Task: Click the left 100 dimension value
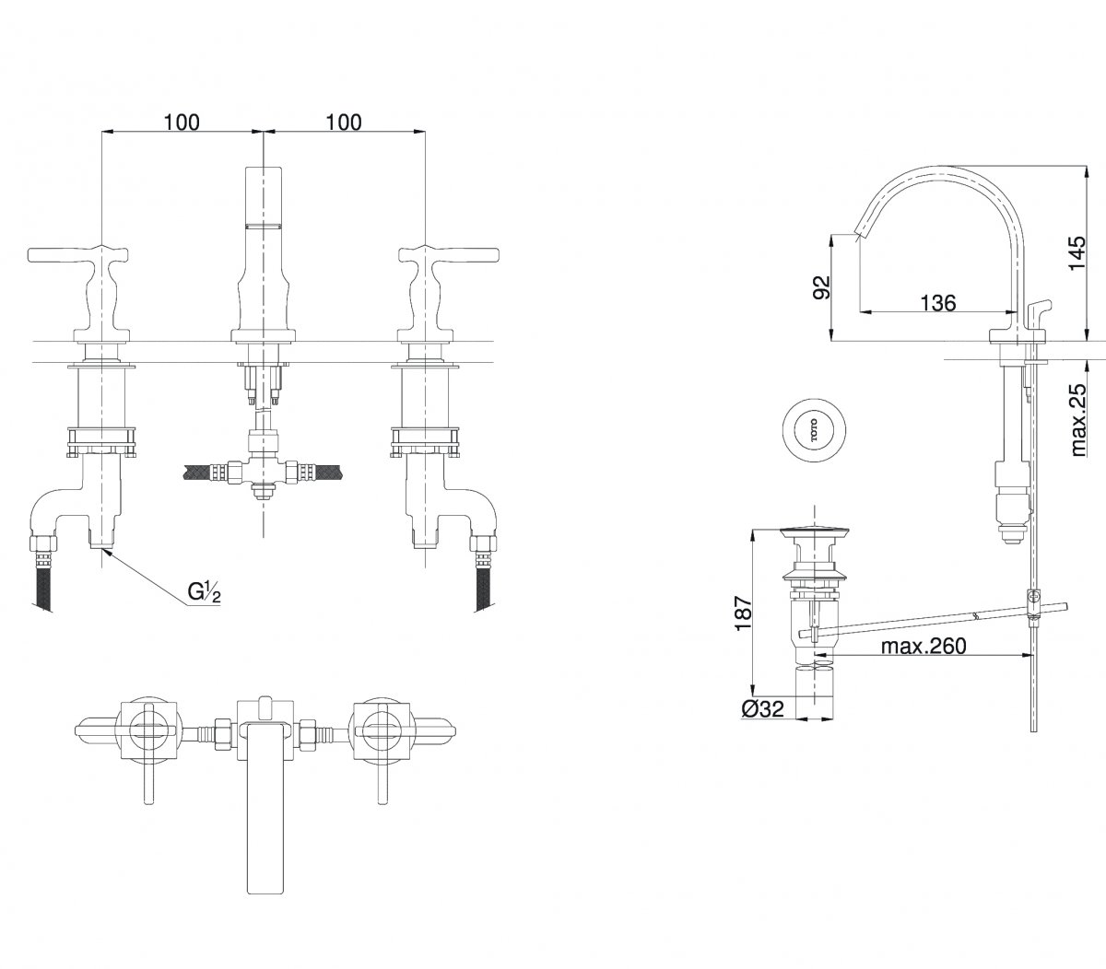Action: click(x=182, y=123)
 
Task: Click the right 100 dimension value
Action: click(x=344, y=123)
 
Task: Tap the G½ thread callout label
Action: click(x=205, y=592)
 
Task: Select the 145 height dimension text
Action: click(x=1077, y=252)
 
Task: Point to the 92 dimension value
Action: click(x=821, y=287)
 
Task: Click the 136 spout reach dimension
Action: click(x=938, y=303)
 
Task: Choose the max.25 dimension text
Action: click(x=1078, y=420)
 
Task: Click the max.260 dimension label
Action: click(x=924, y=646)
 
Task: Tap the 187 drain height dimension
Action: click(x=744, y=613)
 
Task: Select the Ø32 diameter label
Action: click(x=762, y=708)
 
